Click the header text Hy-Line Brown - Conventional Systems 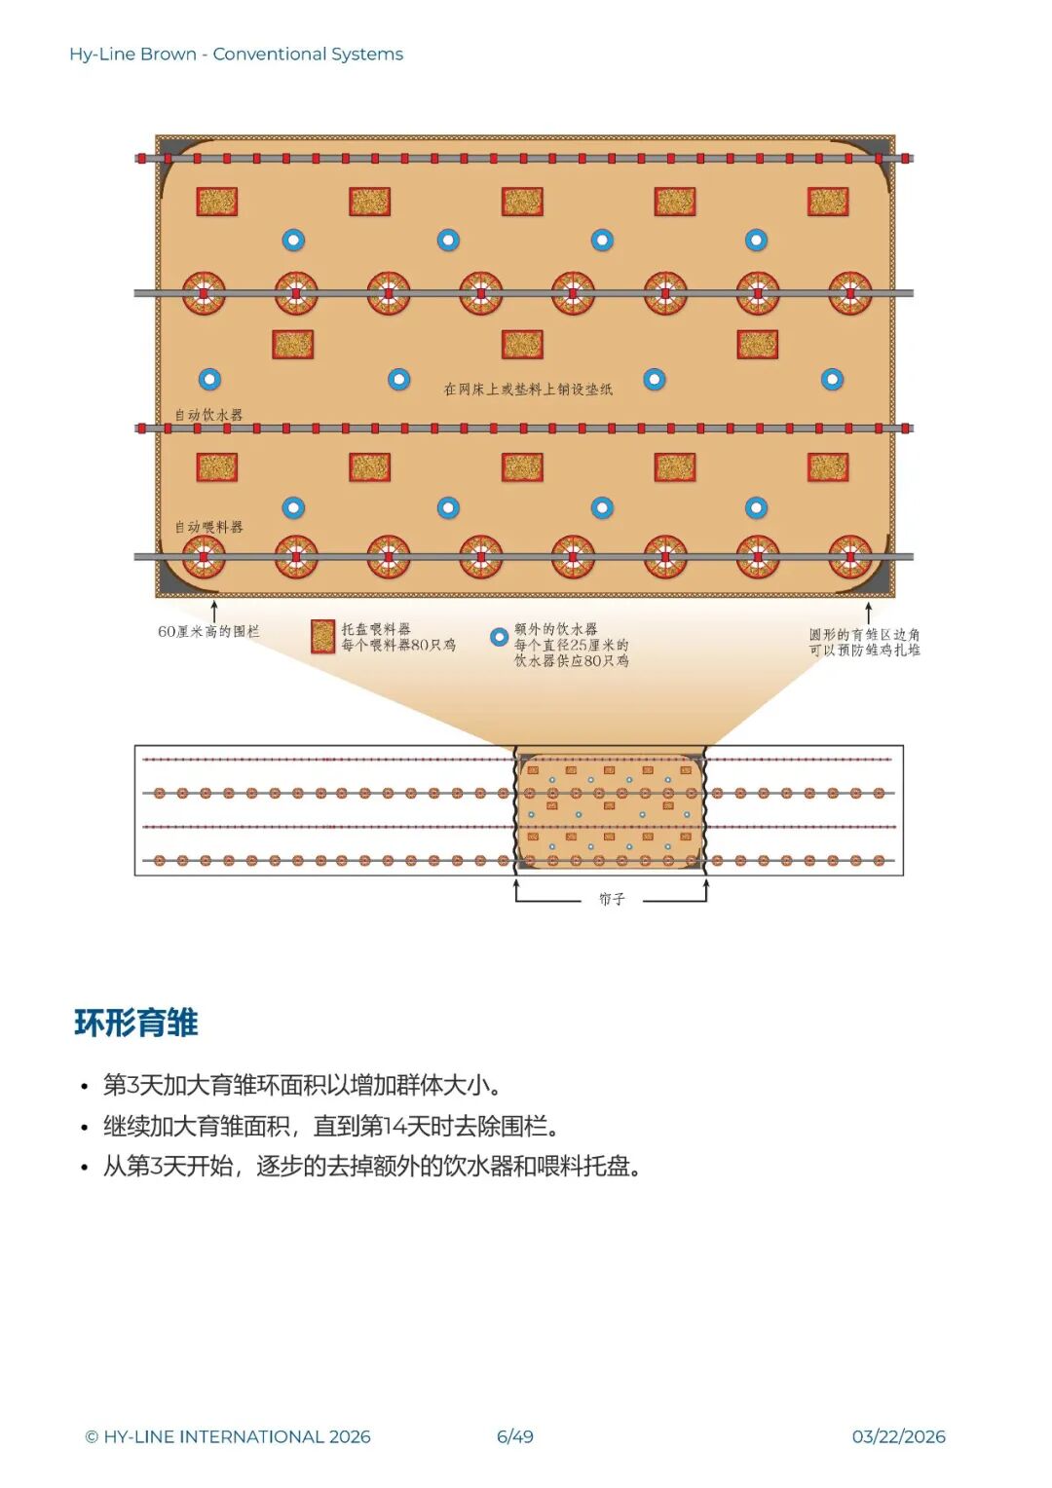(236, 55)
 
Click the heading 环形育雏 (136, 1023)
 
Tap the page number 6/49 (515, 1436)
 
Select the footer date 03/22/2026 (898, 1436)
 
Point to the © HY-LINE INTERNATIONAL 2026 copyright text (228, 1436)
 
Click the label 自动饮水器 (208, 415)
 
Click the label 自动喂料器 (208, 527)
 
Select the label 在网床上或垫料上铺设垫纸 (528, 390)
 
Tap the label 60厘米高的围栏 (208, 632)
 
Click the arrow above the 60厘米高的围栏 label (214, 611)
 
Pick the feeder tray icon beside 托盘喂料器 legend (322, 636)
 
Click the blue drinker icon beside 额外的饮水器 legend (499, 637)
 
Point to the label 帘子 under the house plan (612, 899)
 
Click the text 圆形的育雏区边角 (865, 634)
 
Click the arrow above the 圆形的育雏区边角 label (868, 613)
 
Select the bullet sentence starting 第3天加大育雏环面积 (302, 1085)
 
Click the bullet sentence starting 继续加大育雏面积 (331, 1127)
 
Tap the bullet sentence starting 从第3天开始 (372, 1167)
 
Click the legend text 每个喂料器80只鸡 (398, 645)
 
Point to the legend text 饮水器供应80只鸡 (572, 661)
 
